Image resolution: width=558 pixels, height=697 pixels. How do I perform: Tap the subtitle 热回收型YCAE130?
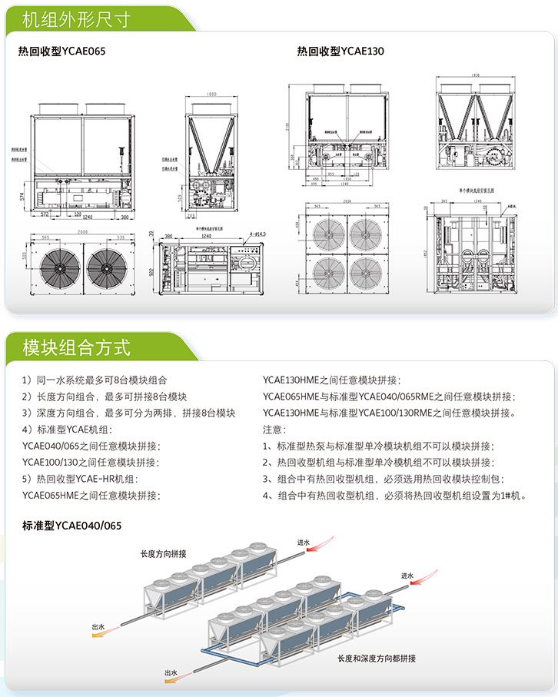340,51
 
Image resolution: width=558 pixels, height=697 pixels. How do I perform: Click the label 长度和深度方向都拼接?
377,659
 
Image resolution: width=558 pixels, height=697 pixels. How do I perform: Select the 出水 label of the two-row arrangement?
170,673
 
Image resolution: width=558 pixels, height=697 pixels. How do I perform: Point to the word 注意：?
274,430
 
